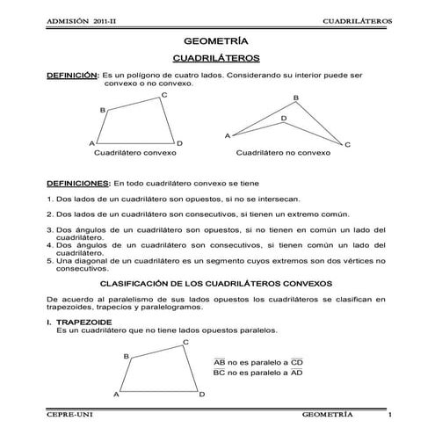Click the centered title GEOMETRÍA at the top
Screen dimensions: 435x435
pyautogui.click(x=216, y=40)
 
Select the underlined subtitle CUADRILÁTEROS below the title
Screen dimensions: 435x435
pyautogui.click(x=216, y=58)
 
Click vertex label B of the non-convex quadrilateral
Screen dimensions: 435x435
pyautogui.click(x=295, y=98)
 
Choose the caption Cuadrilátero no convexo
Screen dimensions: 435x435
pyautogui.click(x=283, y=152)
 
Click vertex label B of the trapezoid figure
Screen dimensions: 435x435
pyautogui.click(x=127, y=356)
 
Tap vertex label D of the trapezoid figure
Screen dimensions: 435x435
pyautogui.click(x=201, y=395)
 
